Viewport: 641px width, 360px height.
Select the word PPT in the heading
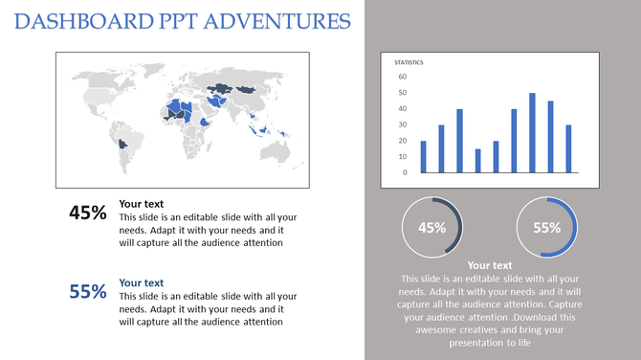pyautogui.click(x=161, y=20)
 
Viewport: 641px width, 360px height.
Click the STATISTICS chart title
pyautogui.click(x=409, y=63)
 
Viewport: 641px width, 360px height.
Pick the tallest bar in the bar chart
pyautogui.click(x=533, y=132)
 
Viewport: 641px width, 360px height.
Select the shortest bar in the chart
pyautogui.click(x=477, y=160)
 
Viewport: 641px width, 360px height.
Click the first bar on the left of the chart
pyautogui.click(x=423, y=156)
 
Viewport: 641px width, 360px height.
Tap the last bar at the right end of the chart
pyautogui.click(x=568, y=148)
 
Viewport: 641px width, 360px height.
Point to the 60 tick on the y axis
pyautogui.click(x=403, y=77)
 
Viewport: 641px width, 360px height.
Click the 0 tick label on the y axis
pyautogui.click(x=405, y=172)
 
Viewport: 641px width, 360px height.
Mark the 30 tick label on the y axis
pyautogui.click(x=403, y=124)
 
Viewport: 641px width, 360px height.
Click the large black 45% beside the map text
pyautogui.click(x=88, y=214)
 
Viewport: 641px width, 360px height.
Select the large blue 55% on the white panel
pyautogui.click(x=88, y=292)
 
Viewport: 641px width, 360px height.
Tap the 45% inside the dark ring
pyautogui.click(x=432, y=228)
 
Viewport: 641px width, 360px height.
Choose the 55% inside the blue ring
pyautogui.click(x=546, y=228)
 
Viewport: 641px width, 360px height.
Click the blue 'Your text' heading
pyautogui.click(x=141, y=282)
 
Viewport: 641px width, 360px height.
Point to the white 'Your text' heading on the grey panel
pyautogui.click(x=490, y=265)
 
